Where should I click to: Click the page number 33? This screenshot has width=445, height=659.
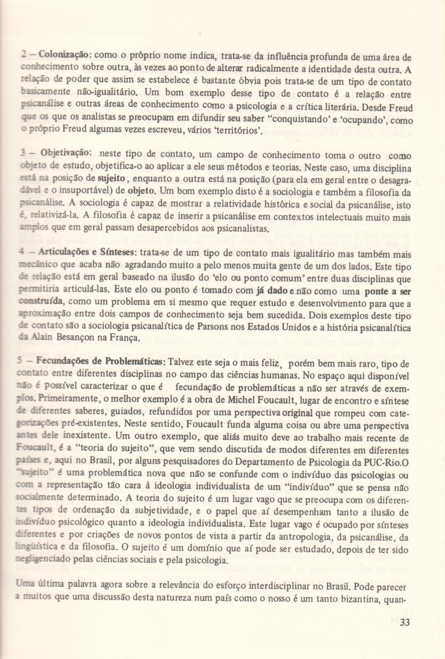(405, 623)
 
